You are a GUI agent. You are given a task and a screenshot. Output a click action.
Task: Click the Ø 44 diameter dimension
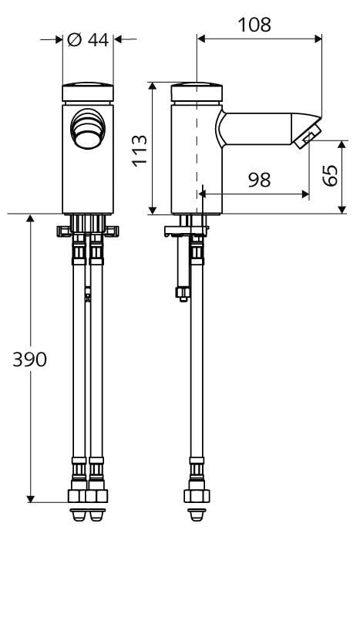(x=88, y=40)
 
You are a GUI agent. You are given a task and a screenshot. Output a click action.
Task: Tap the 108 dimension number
(x=254, y=25)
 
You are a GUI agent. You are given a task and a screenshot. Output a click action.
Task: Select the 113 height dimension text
(x=140, y=150)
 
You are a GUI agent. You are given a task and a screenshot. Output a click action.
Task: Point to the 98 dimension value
(x=260, y=180)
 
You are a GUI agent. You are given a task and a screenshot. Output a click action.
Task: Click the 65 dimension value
(x=330, y=175)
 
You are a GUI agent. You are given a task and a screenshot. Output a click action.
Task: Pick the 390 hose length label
(x=30, y=360)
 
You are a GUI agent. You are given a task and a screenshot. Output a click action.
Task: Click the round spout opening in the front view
(x=88, y=129)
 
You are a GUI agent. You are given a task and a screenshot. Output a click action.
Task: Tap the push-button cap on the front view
(x=88, y=93)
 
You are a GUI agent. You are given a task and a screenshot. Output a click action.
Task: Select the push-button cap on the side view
(x=197, y=93)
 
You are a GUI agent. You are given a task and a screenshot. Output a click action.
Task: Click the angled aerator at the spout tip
(x=308, y=137)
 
